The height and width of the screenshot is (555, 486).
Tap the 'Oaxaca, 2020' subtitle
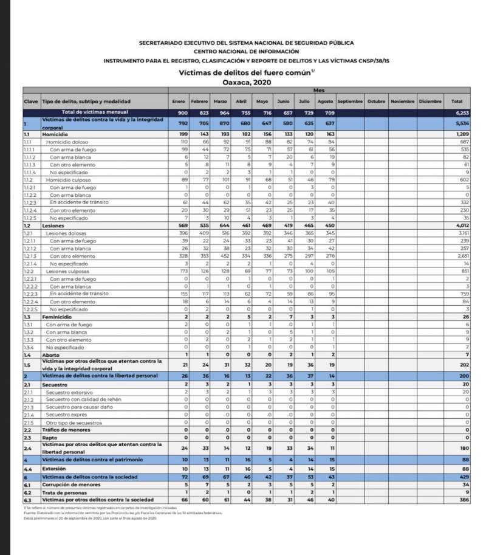pos(246,82)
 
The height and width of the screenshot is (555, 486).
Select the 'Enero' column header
pos(179,101)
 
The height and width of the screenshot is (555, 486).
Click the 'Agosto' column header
pos(326,101)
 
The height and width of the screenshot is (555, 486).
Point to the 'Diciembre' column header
pos(430,101)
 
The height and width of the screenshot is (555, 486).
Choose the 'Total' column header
pos(457,101)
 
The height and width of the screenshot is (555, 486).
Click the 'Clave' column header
pos(31,101)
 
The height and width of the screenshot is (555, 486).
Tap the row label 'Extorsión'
pos(54,469)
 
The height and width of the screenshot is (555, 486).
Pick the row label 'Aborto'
pos(50,354)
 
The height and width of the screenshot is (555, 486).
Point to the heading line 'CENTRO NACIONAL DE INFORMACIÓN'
pos(246,52)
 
